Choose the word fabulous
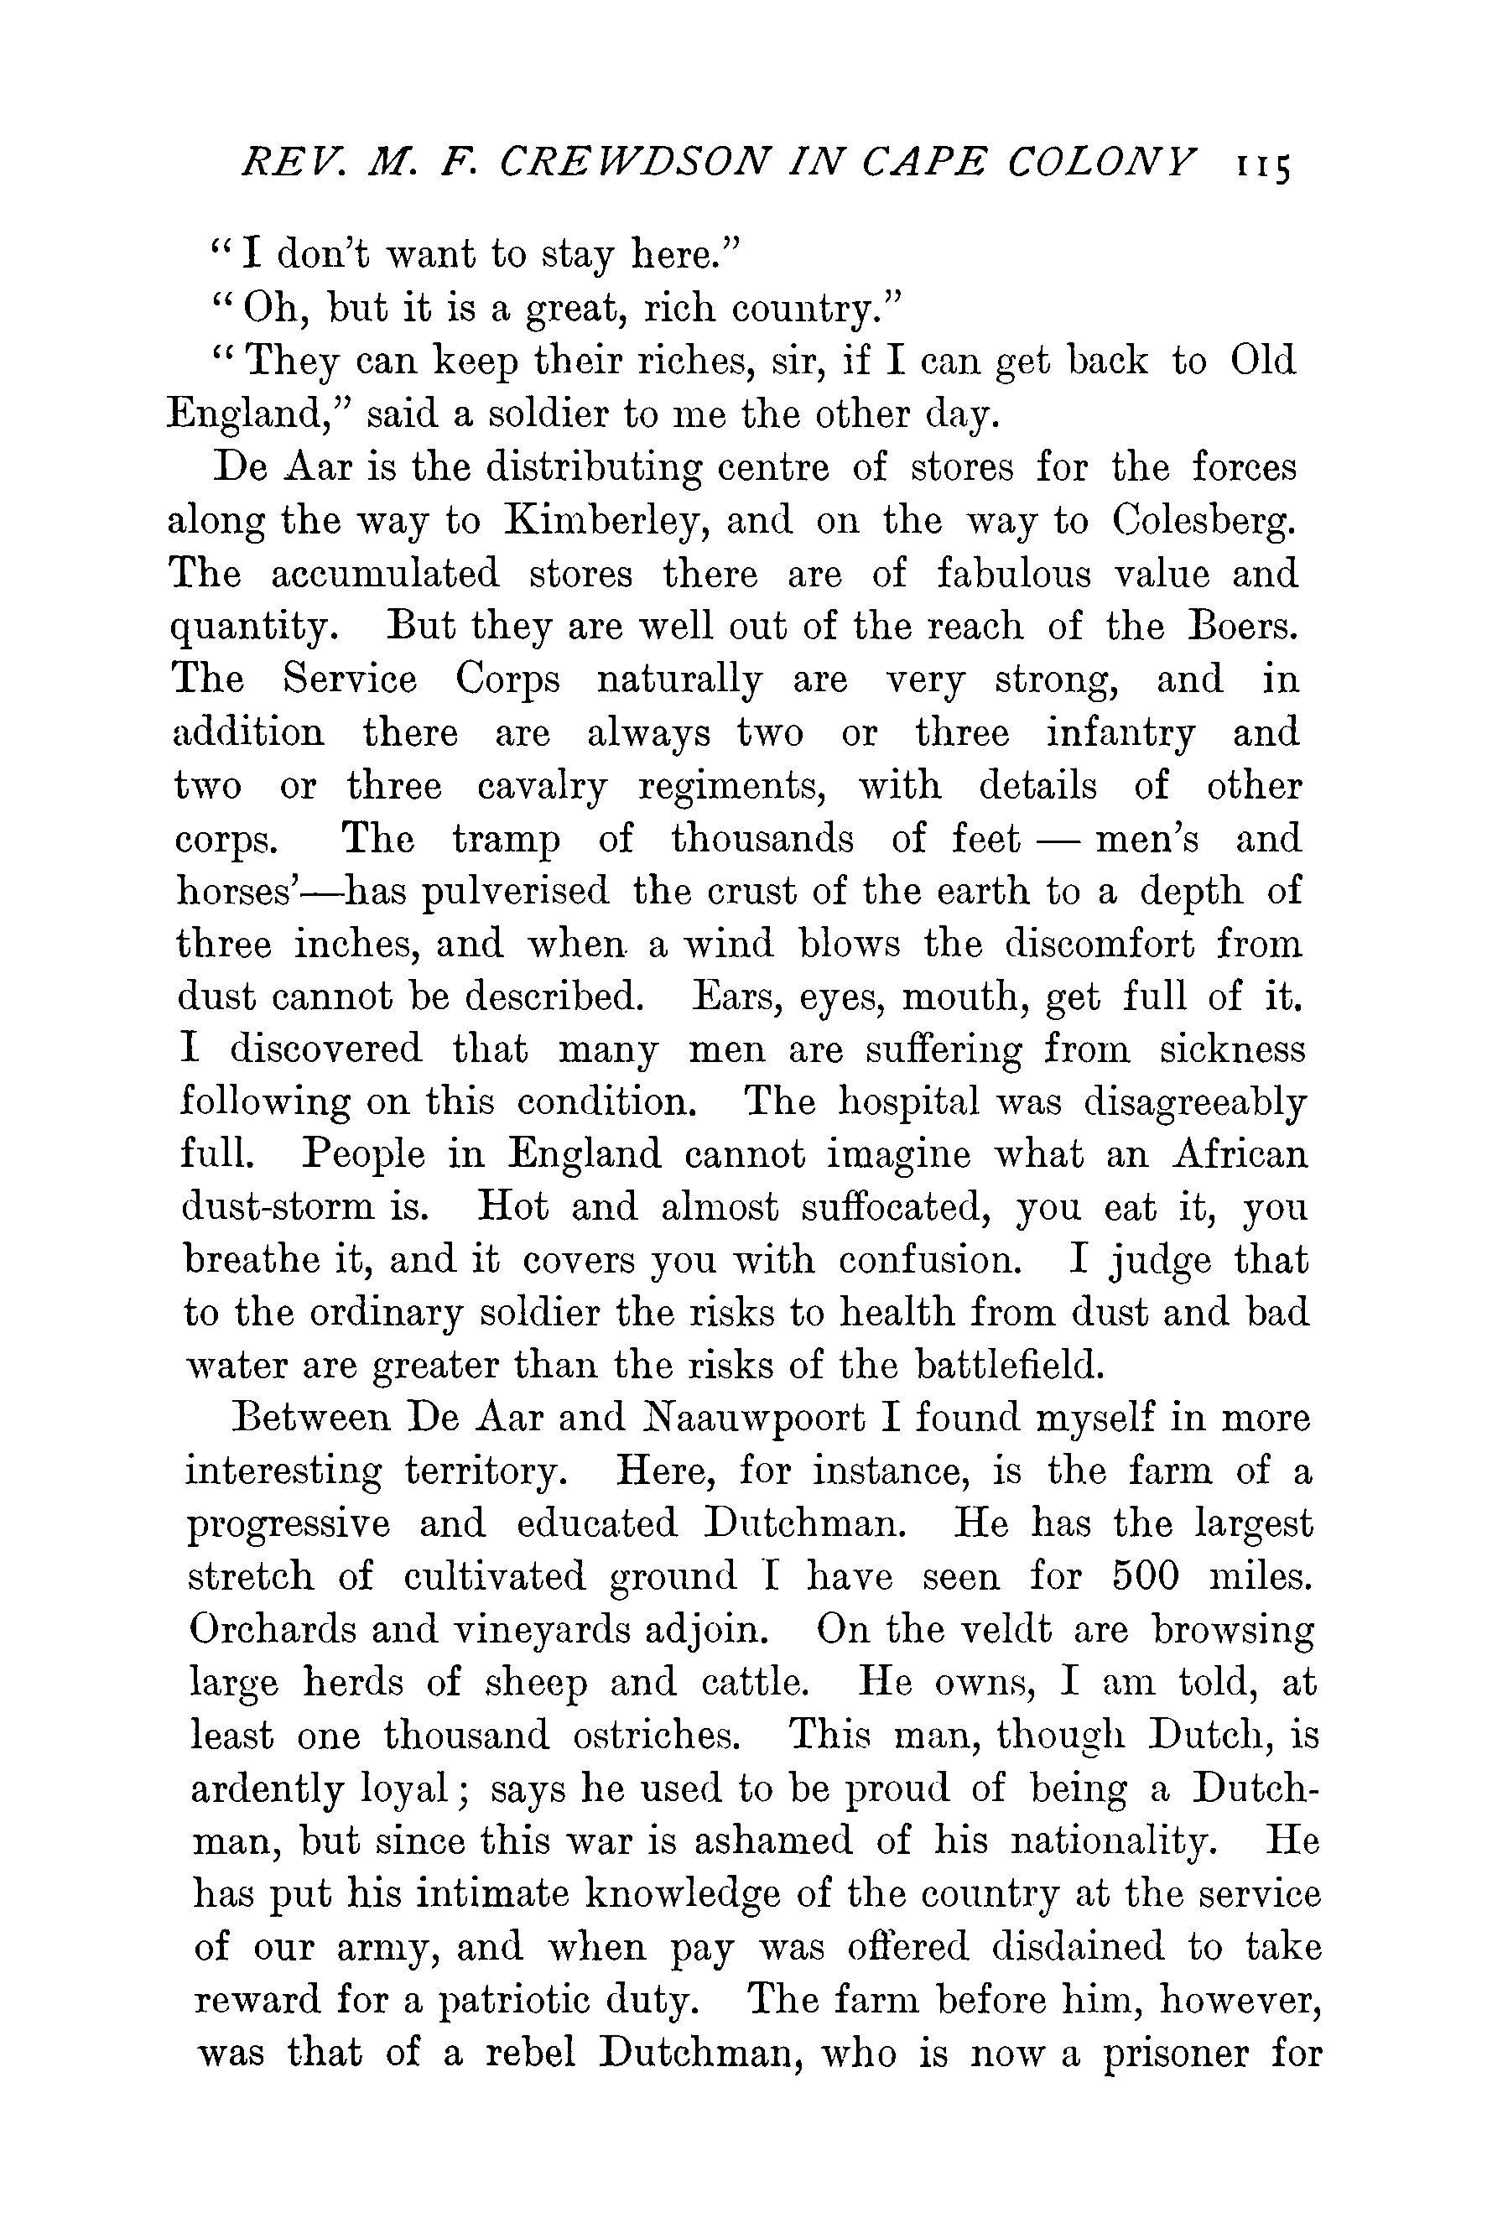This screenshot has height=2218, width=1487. [1011, 574]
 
